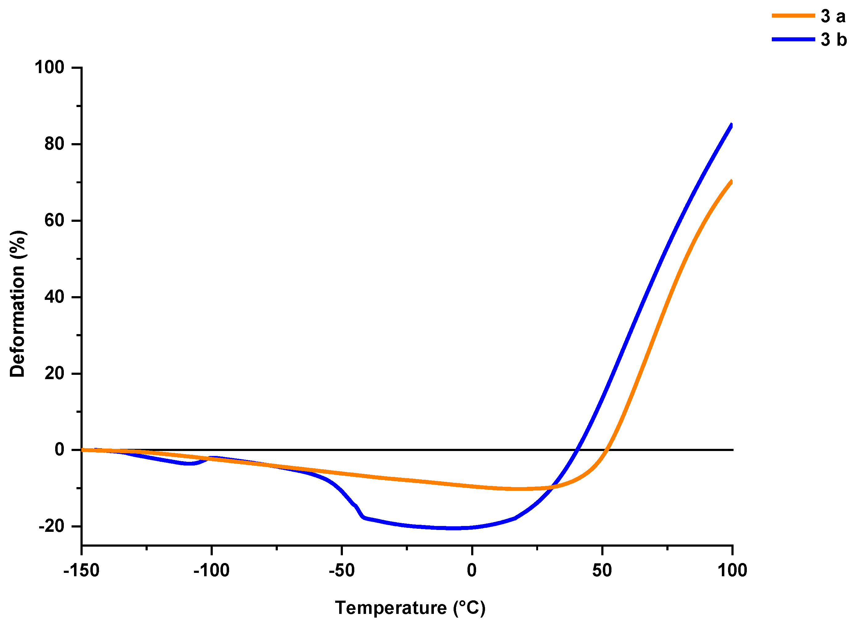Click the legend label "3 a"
(x=833, y=16)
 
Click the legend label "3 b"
(x=833, y=40)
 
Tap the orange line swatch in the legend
(x=793, y=15)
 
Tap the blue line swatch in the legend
(x=793, y=39)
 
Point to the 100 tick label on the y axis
(x=49, y=68)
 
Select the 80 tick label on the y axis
(x=54, y=144)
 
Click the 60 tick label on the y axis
(x=54, y=221)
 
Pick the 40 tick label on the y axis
(x=54, y=297)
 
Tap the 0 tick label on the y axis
(x=59, y=450)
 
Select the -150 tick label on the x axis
(x=81, y=570)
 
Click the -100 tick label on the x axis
(x=211, y=570)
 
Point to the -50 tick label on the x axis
(x=341, y=570)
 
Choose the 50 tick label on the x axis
(x=602, y=570)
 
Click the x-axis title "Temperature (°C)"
(x=410, y=608)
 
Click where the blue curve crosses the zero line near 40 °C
(x=576, y=450)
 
